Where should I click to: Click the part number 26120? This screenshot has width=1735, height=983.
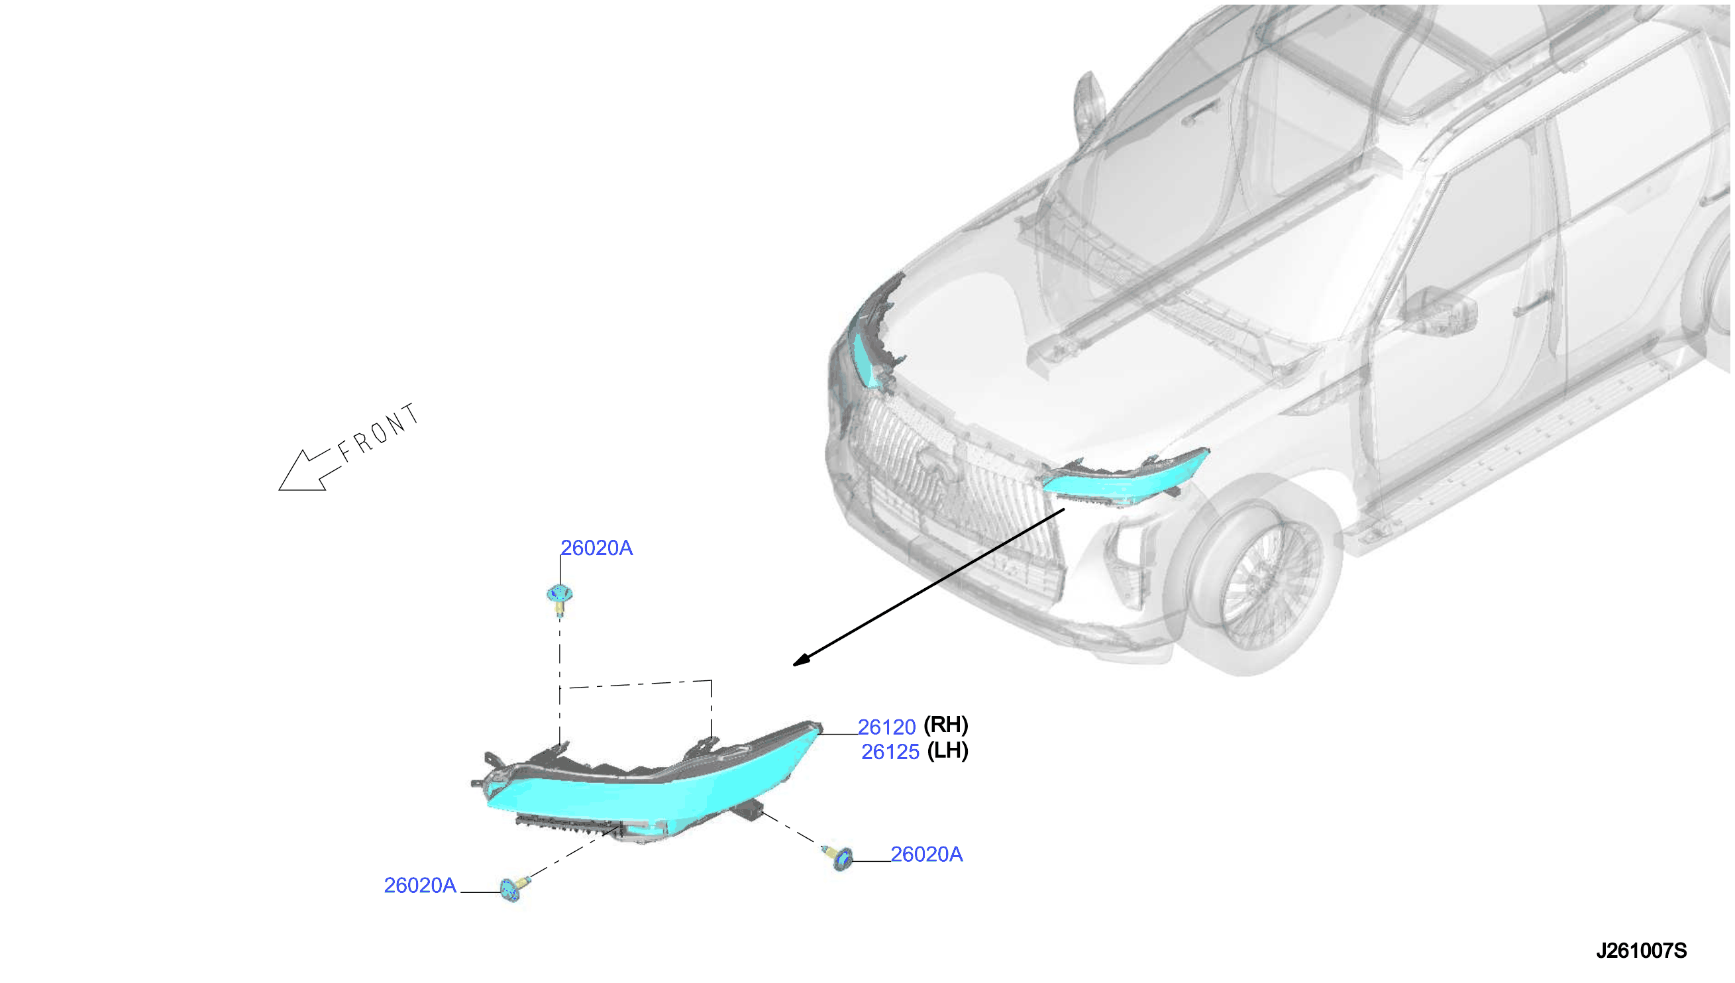tap(886, 727)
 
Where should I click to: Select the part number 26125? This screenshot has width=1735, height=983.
tap(890, 752)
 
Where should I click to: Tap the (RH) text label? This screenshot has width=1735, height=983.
tap(946, 725)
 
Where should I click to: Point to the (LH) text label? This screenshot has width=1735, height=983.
tap(948, 750)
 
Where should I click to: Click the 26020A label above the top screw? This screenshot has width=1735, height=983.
tap(597, 548)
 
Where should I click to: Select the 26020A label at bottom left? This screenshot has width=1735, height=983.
tap(420, 886)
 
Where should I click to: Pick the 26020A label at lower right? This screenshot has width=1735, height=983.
tap(926, 854)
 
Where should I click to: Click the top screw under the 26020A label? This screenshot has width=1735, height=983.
tap(560, 599)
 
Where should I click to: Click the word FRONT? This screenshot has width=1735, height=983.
tap(379, 432)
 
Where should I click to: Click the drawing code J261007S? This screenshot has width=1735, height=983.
tap(1641, 951)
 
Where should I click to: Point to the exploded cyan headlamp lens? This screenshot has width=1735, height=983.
tap(648, 786)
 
